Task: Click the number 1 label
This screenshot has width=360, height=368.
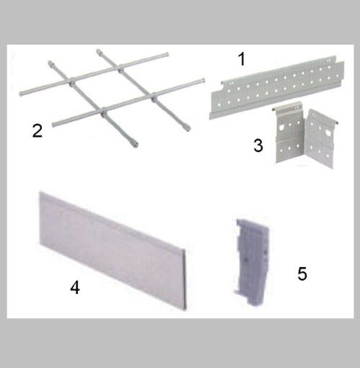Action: (242, 59)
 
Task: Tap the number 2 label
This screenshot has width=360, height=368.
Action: (37, 131)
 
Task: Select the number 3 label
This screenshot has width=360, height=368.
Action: (258, 145)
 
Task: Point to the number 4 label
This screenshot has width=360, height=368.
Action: (75, 288)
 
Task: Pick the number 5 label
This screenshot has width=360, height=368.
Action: (302, 274)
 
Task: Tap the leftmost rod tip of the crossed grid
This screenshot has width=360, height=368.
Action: (21, 94)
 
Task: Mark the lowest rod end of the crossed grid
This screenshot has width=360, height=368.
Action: (136, 145)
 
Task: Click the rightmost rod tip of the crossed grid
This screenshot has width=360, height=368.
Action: (203, 80)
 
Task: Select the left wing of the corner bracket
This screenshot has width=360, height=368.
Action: (289, 135)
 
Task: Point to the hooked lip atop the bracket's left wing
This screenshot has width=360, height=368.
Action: (287, 106)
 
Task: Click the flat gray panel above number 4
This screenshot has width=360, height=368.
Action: (113, 251)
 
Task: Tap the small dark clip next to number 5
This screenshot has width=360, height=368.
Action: (251, 262)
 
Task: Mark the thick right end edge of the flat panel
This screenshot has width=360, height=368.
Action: (184, 279)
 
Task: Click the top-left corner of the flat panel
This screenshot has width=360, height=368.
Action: (40, 192)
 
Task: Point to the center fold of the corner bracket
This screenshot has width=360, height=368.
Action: (305, 138)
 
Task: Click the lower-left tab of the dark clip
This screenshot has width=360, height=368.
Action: (236, 292)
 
